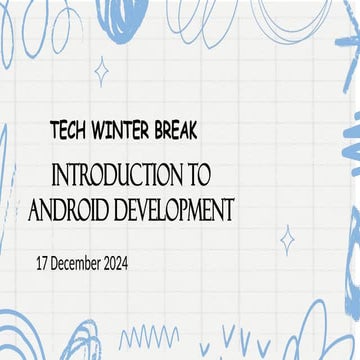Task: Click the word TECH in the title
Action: coord(69,129)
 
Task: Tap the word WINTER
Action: coord(121,129)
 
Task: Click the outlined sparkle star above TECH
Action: coord(100,69)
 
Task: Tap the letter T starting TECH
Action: coord(52,129)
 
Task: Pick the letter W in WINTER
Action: coord(97,129)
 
